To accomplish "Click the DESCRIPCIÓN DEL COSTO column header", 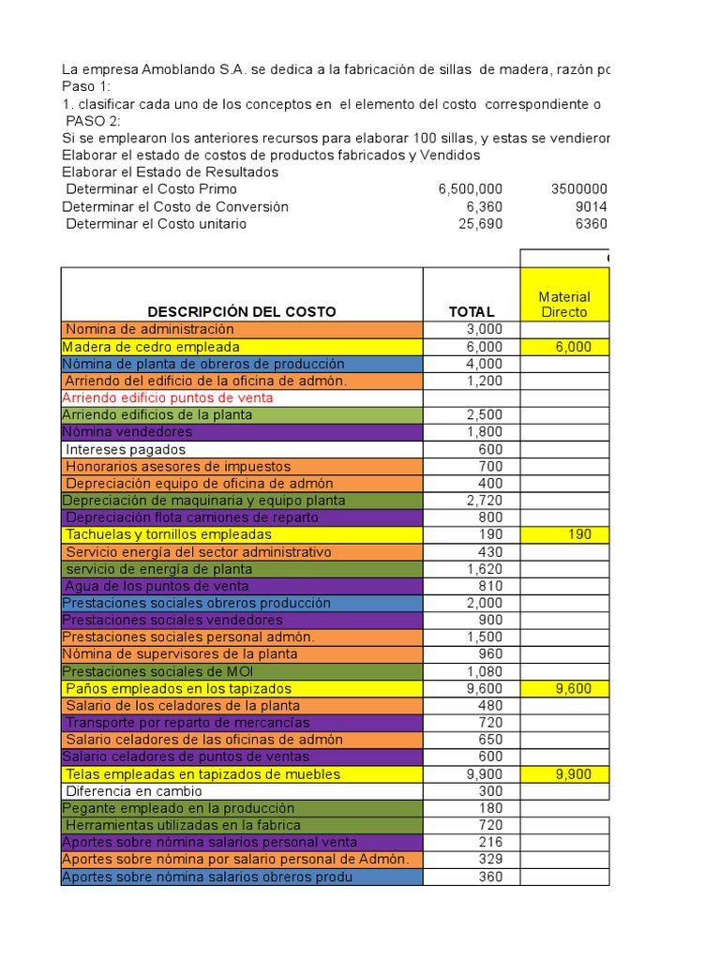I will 241,311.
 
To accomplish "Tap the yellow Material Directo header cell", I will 563,304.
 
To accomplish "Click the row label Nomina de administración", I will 150,329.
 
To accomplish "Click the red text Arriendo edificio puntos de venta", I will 167,397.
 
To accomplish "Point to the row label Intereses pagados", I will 126,449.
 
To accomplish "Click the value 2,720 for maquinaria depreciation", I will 485,501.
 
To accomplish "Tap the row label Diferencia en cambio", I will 133,791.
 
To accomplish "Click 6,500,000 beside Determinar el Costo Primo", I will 470,188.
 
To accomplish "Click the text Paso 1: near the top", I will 86,85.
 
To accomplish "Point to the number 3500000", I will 578,188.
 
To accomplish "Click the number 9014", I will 592,206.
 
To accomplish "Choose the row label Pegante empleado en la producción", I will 178,808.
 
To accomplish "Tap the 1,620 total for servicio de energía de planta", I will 485,569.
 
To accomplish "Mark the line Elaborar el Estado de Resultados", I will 170,172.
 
